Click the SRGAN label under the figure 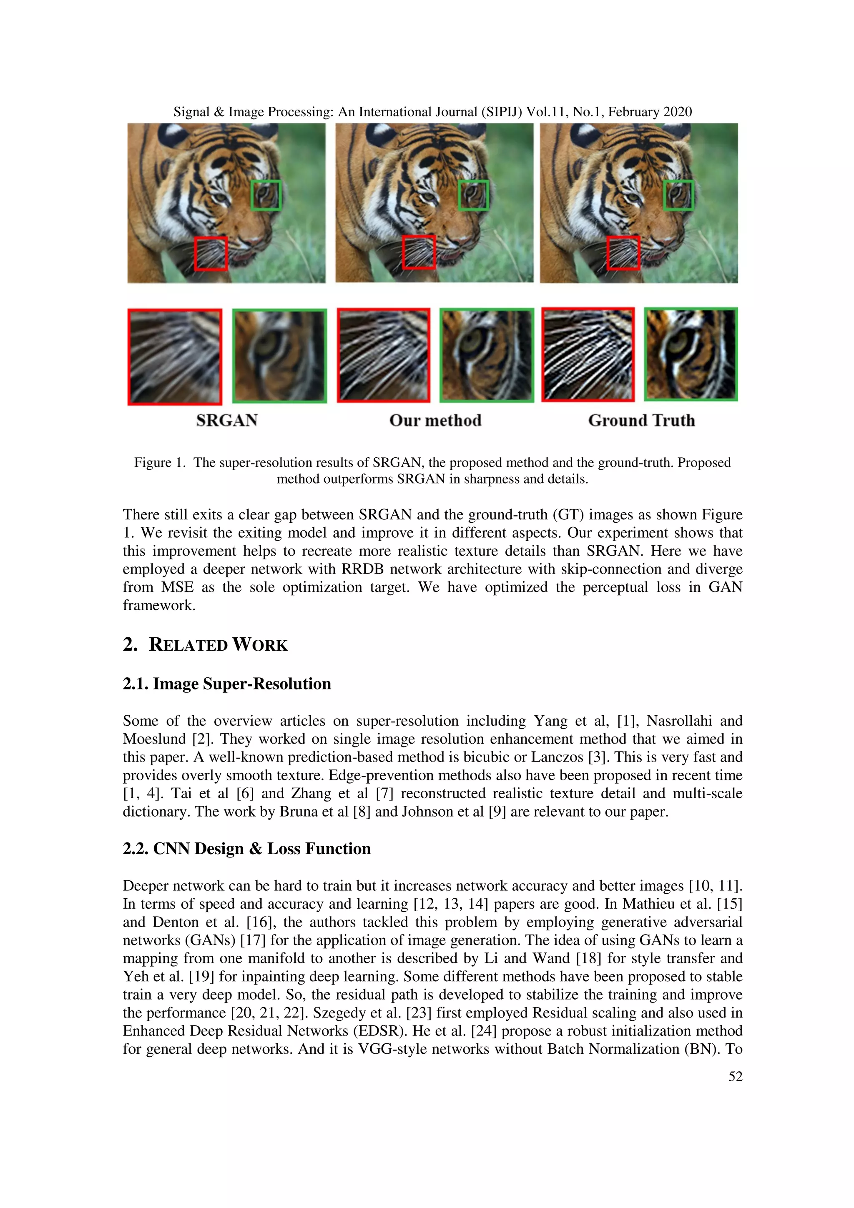[227, 420]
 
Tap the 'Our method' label [435, 420]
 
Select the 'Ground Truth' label [641, 420]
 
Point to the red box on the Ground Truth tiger [623, 253]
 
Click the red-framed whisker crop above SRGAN [175, 357]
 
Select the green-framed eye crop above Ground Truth [691, 354]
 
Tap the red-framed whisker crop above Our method [384, 355]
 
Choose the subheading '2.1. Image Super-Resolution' [227, 684]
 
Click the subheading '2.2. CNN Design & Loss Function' [247, 848]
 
